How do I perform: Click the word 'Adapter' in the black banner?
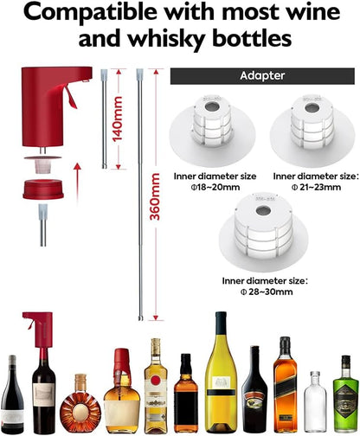coord(263,75)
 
